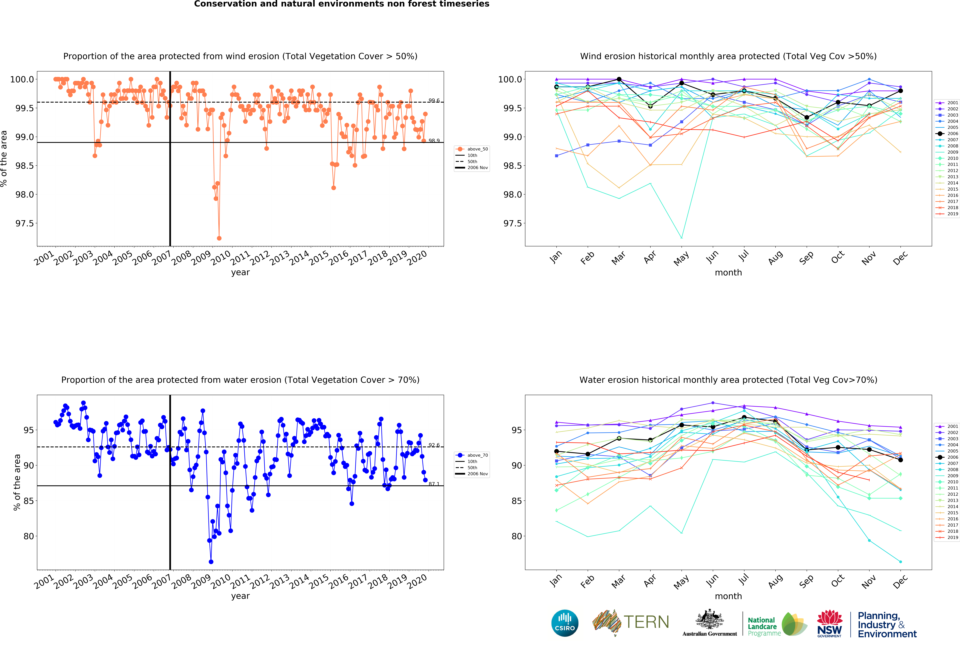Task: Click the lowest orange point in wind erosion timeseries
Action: coord(219,238)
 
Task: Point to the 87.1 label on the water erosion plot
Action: coord(434,484)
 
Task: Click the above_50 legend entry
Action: coord(477,149)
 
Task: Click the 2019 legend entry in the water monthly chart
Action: coord(952,537)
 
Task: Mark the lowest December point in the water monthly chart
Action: coord(900,562)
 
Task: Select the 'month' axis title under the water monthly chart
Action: coord(728,596)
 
